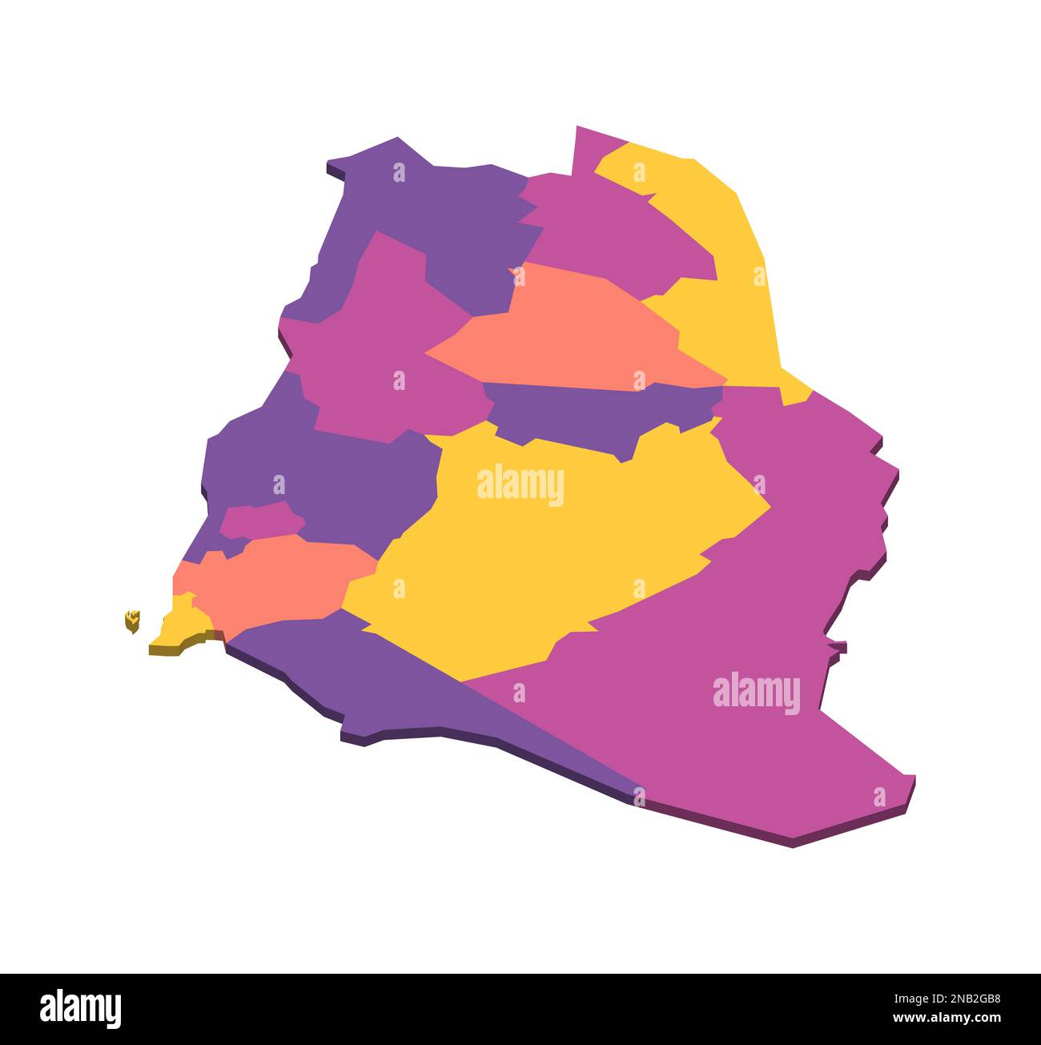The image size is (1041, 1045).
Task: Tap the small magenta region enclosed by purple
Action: pyautogui.click(x=260, y=520)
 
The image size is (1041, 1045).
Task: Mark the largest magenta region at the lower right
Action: pyautogui.click(x=721, y=641)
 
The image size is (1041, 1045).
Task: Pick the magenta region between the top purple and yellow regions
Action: pyautogui.click(x=609, y=232)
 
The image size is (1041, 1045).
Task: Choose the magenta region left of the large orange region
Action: pyautogui.click(x=376, y=336)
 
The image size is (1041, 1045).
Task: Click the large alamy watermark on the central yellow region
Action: pyautogui.click(x=520, y=485)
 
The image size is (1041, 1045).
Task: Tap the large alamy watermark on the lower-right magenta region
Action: pyautogui.click(x=756, y=693)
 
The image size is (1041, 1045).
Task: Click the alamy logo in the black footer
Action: pyautogui.click(x=81, y=1008)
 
